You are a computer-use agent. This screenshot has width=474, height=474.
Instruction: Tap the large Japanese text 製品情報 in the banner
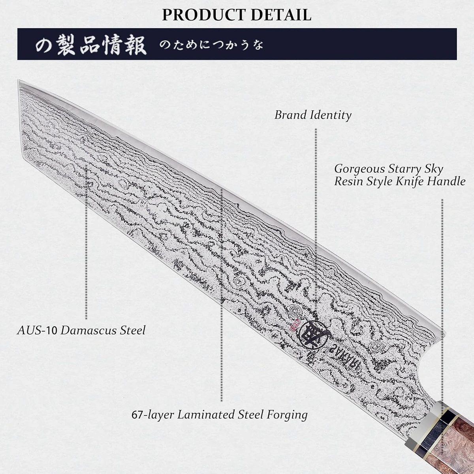pos(102,45)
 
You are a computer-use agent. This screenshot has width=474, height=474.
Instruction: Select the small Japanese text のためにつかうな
pos(211,45)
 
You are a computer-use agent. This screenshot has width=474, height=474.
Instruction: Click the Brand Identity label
pos(313,115)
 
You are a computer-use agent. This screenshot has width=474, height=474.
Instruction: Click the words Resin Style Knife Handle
pos(400,181)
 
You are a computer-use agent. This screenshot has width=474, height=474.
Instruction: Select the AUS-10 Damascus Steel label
pos(81,330)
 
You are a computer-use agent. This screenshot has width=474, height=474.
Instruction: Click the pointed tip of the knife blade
pos(20,82)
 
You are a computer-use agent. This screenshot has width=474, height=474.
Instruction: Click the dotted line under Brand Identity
pos(316,197)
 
